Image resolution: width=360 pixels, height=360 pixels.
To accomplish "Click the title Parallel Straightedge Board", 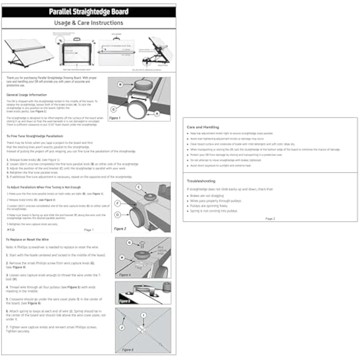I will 89,12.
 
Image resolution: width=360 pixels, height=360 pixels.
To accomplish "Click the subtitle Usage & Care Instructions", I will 89,23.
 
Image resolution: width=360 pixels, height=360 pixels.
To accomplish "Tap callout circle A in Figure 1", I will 157,114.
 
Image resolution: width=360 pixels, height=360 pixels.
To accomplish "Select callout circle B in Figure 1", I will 120,84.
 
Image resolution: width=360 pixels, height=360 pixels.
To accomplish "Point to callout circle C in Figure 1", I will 114,109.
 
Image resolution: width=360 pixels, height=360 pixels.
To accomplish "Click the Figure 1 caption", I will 115,118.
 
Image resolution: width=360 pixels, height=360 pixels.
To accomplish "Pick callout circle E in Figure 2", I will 139,187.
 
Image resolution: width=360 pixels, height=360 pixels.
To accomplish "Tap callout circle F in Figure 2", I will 117,204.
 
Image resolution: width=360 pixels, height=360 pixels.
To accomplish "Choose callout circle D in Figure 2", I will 117,215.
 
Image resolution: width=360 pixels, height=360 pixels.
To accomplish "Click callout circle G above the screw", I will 130,243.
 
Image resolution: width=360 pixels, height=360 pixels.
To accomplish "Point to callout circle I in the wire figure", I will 143,315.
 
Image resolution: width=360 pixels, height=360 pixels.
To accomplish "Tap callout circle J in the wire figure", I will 122,327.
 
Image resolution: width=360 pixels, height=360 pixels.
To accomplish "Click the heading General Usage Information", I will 27,95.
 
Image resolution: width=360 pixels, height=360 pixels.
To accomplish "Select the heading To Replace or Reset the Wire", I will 27,240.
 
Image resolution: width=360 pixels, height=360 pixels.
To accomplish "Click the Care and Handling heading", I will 203,127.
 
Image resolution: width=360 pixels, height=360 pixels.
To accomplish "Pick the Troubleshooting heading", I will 201,181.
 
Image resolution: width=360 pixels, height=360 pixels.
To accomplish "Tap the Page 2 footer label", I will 270,219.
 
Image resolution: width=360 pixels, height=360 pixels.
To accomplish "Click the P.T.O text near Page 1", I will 11,230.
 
